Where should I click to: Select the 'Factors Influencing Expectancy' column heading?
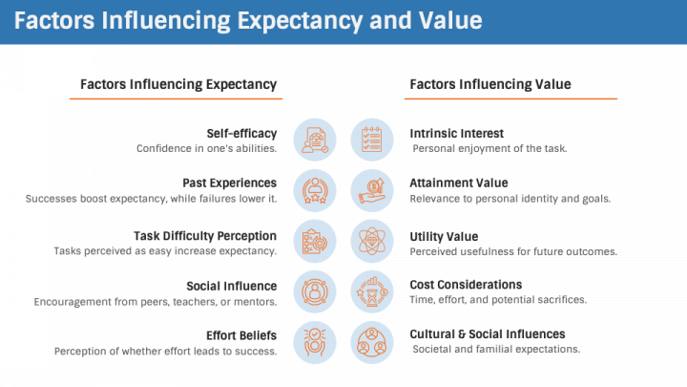[x=178, y=84]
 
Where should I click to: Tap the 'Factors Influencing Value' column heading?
[x=490, y=84]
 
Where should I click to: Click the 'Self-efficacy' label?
[x=241, y=133]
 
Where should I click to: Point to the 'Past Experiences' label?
[x=230, y=183]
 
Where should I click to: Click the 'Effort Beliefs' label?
[x=241, y=334]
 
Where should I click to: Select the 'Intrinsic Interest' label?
[x=456, y=133]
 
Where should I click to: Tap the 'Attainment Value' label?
[x=458, y=183]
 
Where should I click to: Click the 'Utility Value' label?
[x=444, y=235]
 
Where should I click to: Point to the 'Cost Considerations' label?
[x=466, y=284]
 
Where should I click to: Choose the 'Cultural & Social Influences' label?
[x=487, y=333]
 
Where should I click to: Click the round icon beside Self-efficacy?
[x=315, y=140]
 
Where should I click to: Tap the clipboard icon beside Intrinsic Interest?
[x=372, y=140]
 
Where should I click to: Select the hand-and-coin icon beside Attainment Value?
[x=372, y=190]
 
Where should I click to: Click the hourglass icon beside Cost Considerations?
[x=372, y=291]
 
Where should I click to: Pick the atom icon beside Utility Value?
[x=372, y=241]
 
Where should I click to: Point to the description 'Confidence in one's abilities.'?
[x=206, y=148]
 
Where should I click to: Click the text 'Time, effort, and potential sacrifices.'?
[x=498, y=299]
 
